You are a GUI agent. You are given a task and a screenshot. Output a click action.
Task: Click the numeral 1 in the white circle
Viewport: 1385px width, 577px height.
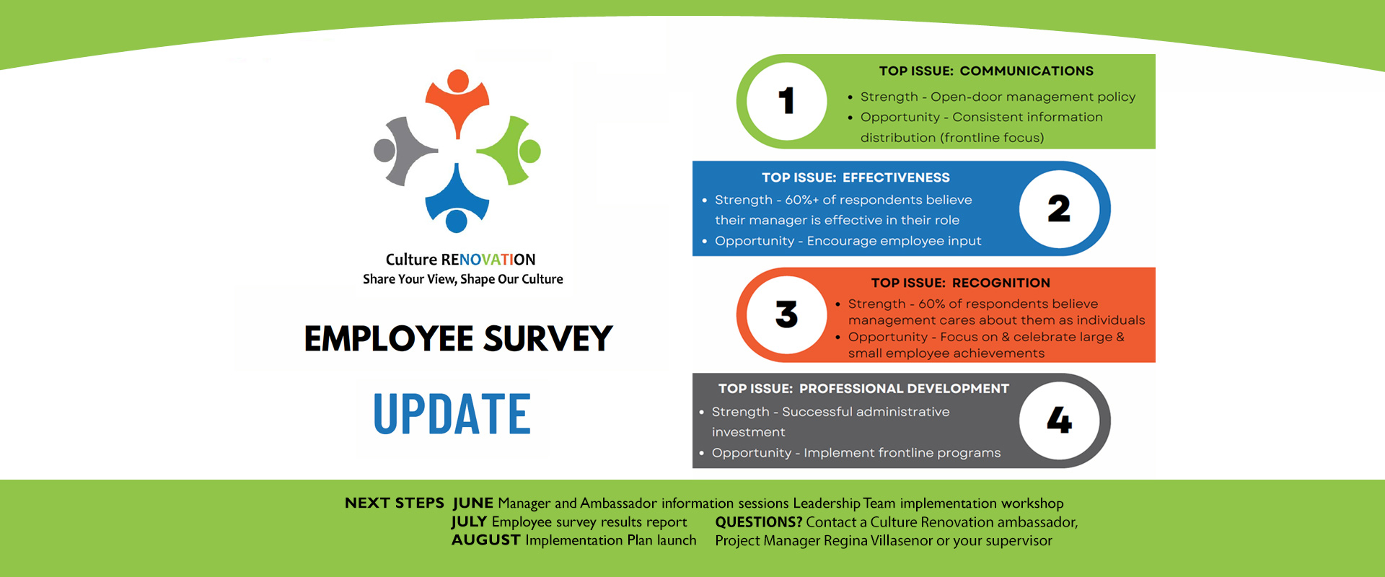786,101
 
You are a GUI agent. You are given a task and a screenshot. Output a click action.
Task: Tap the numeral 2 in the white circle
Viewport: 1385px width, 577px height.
1059,209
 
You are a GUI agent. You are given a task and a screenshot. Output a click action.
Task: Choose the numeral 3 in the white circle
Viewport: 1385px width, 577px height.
786,314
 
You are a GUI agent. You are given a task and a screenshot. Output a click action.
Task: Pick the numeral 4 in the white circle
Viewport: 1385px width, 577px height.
1059,420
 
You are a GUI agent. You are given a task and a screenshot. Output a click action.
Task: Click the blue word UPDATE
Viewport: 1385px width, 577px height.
452,414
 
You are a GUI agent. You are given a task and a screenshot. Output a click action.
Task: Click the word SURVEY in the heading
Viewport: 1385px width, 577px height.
548,338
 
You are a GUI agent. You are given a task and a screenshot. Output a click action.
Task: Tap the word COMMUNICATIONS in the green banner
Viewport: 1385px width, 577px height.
1026,71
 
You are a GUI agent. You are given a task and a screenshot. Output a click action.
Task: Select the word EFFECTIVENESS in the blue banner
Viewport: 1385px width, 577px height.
896,177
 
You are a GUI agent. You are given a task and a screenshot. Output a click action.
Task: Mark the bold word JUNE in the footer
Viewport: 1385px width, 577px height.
473,503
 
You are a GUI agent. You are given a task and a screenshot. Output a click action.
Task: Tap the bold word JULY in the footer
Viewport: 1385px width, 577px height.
469,521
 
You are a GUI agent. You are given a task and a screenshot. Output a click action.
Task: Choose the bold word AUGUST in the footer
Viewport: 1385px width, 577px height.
485,539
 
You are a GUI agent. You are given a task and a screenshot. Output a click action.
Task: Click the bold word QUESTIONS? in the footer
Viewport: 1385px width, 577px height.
759,521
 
